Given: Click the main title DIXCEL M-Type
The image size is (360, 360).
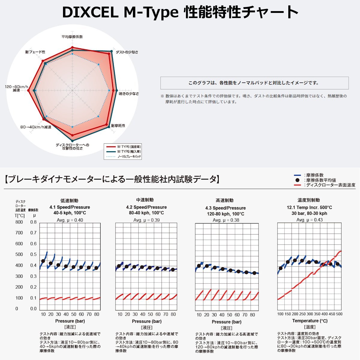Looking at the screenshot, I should pyautogui.click(x=120, y=13).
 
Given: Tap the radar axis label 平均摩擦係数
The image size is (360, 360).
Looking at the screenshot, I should pyautogui.click(x=72, y=37).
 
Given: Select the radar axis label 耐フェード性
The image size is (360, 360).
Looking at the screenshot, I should pyautogui.click(x=35, y=52).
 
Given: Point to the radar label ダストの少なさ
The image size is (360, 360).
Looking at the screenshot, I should pyautogui.click(x=127, y=52).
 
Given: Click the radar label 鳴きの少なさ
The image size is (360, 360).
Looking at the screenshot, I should pyautogui.click(x=129, y=94).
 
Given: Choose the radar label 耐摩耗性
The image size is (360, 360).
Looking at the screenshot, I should pyautogui.click(x=118, y=126).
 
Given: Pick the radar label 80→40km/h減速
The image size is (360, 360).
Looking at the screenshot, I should pyautogui.click(x=36, y=127).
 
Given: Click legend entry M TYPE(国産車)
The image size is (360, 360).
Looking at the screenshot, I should pyautogui.click(x=129, y=147).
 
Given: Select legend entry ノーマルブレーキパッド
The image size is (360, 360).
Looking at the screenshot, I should pyautogui.click(x=129, y=157).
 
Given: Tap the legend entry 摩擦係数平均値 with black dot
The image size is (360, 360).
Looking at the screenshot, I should pyautogui.click(x=320, y=180).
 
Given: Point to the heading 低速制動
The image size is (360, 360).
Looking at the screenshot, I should pyautogui.click(x=69, y=201).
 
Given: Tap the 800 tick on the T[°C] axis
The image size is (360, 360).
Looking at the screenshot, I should pyautogui.click(x=19, y=222).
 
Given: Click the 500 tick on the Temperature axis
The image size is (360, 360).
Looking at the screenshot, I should pyautogui.click(x=339, y=314).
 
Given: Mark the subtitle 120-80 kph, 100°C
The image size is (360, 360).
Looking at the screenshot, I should pyautogui.click(x=225, y=214).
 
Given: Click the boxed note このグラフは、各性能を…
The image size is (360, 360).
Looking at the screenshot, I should pyautogui.click(x=254, y=83).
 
